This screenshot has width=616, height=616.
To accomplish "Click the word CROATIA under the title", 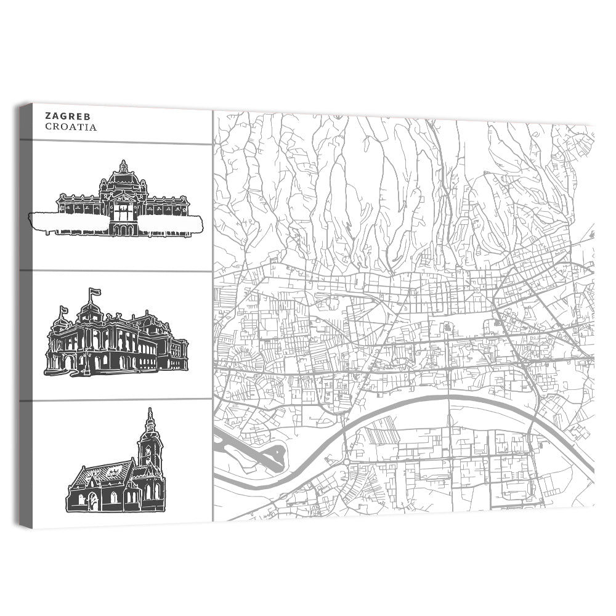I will click(x=70, y=127).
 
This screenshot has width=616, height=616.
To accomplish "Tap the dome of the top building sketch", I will click(x=124, y=179).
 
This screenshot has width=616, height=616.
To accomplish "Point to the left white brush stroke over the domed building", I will click(x=68, y=222).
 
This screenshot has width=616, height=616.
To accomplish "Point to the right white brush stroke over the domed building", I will click(x=171, y=224).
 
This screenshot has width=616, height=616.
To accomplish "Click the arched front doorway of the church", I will click(x=92, y=500).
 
